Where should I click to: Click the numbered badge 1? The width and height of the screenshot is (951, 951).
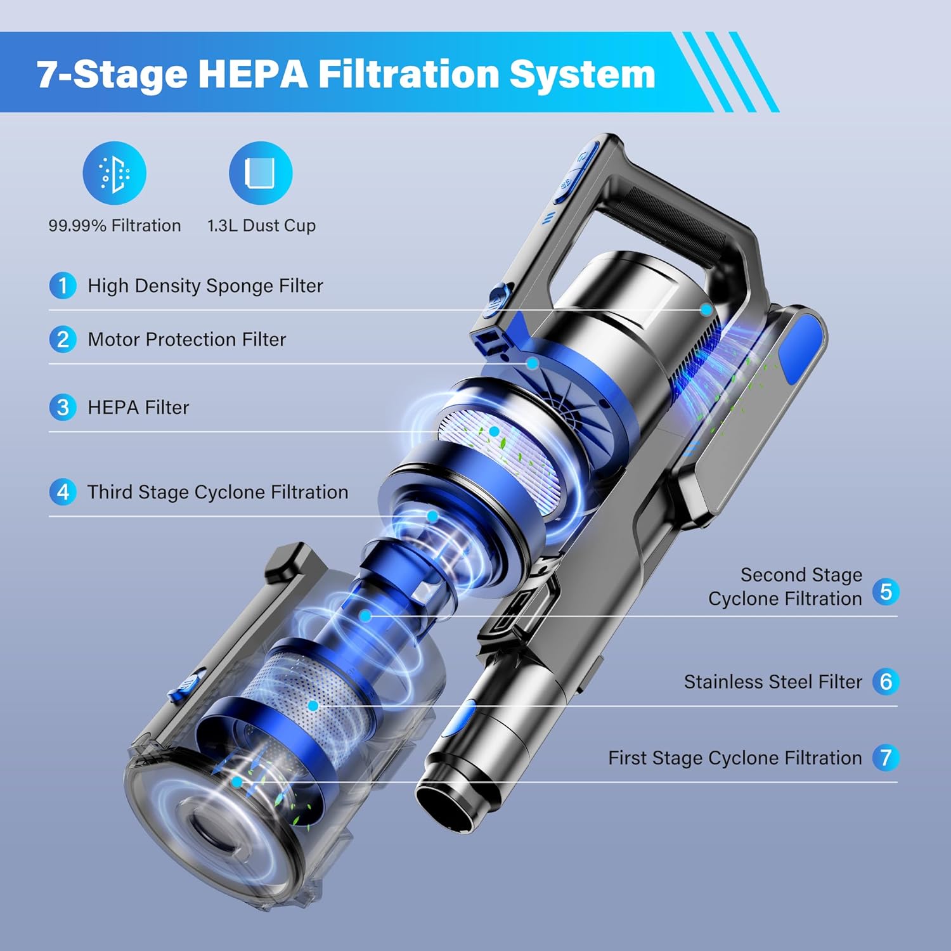tap(63, 285)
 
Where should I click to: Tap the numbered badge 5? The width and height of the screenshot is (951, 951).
tap(886, 592)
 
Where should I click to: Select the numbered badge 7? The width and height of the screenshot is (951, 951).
tap(886, 757)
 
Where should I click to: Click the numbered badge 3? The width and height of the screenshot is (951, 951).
tap(63, 407)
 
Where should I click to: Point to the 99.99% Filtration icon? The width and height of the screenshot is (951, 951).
tap(115, 173)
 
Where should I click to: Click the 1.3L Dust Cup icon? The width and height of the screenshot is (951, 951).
tap(261, 173)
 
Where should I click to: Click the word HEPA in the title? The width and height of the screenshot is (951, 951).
tap(252, 74)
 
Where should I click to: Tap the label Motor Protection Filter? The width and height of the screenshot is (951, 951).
tap(186, 339)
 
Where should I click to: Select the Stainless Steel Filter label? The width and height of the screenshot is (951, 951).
tap(773, 682)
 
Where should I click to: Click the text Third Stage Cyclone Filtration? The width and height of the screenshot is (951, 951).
tap(217, 492)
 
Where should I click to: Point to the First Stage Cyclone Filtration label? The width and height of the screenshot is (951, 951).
tap(735, 758)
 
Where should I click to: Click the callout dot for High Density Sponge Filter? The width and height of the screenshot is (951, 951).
tap(706, 309)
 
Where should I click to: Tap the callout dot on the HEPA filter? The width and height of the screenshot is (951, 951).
tap(494, 432)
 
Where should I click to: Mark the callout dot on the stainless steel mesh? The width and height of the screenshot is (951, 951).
tap(313, 706)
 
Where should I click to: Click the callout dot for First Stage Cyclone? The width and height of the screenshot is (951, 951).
tap(236, 782)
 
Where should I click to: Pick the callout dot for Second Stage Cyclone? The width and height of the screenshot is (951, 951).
tap(365, 616)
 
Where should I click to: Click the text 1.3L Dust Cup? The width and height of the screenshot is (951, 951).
tap(261, 226)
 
